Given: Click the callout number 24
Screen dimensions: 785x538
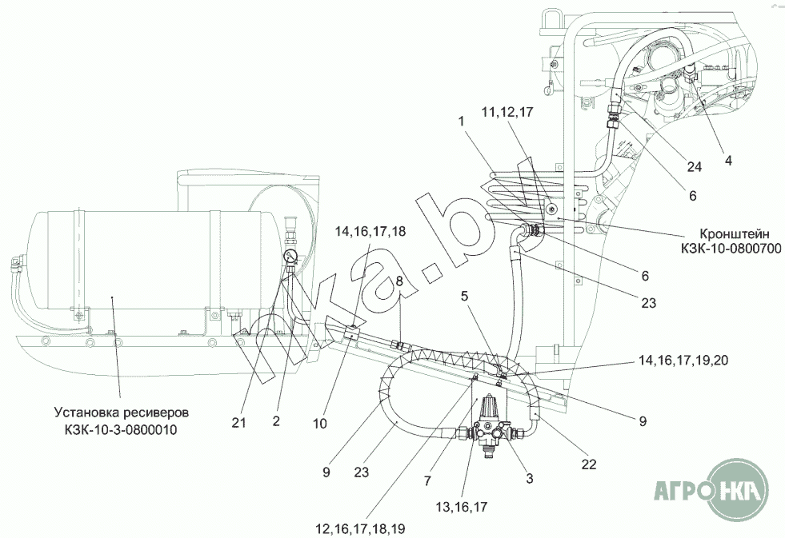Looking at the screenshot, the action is pos(694,166).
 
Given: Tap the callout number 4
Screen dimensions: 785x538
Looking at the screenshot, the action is pos(728,161).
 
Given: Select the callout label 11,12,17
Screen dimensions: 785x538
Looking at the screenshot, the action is pos(507,113).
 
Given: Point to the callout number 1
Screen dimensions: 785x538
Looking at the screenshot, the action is pos(461,121).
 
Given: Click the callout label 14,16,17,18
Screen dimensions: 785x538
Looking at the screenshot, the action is pos(370,232).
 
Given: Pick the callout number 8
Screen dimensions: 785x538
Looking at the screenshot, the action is pos(399,281).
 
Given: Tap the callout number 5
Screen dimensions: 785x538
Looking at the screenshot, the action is pos(465,296).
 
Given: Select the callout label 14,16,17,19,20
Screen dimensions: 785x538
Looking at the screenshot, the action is pos(683,361).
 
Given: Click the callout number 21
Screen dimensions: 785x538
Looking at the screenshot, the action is pos(238,423).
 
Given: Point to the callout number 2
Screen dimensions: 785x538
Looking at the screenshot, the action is pos(276,421).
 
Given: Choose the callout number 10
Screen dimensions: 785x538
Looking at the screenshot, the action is pos(319,424).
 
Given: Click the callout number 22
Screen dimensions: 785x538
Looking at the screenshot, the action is pos(589,464).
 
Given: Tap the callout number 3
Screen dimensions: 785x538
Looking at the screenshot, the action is pos(530,479).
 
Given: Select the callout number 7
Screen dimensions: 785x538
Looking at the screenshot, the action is pos(427,481).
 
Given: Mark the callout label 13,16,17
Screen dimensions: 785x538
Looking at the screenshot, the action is pos(461,507).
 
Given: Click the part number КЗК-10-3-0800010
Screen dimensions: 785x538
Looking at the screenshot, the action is pos(121,429).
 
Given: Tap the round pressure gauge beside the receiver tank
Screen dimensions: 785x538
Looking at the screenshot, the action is pos(290,257).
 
